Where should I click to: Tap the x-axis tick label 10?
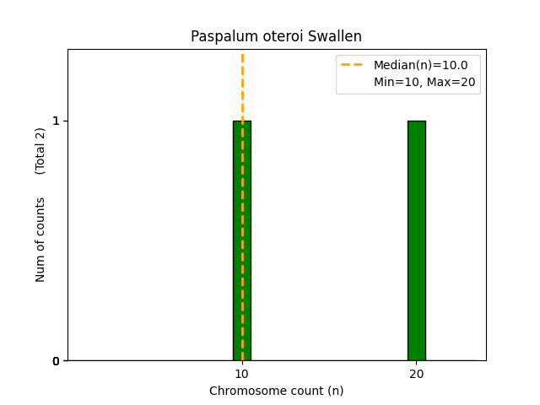242,374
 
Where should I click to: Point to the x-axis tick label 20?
416,374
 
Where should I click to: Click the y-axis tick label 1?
56,121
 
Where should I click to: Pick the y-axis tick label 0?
56,361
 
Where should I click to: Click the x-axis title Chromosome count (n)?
276,391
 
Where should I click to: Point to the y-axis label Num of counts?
40,240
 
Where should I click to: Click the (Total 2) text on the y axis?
40,151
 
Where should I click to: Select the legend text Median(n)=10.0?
420,65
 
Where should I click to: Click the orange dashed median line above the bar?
242,84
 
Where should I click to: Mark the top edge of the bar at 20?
416,121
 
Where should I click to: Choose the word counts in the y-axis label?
40,215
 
